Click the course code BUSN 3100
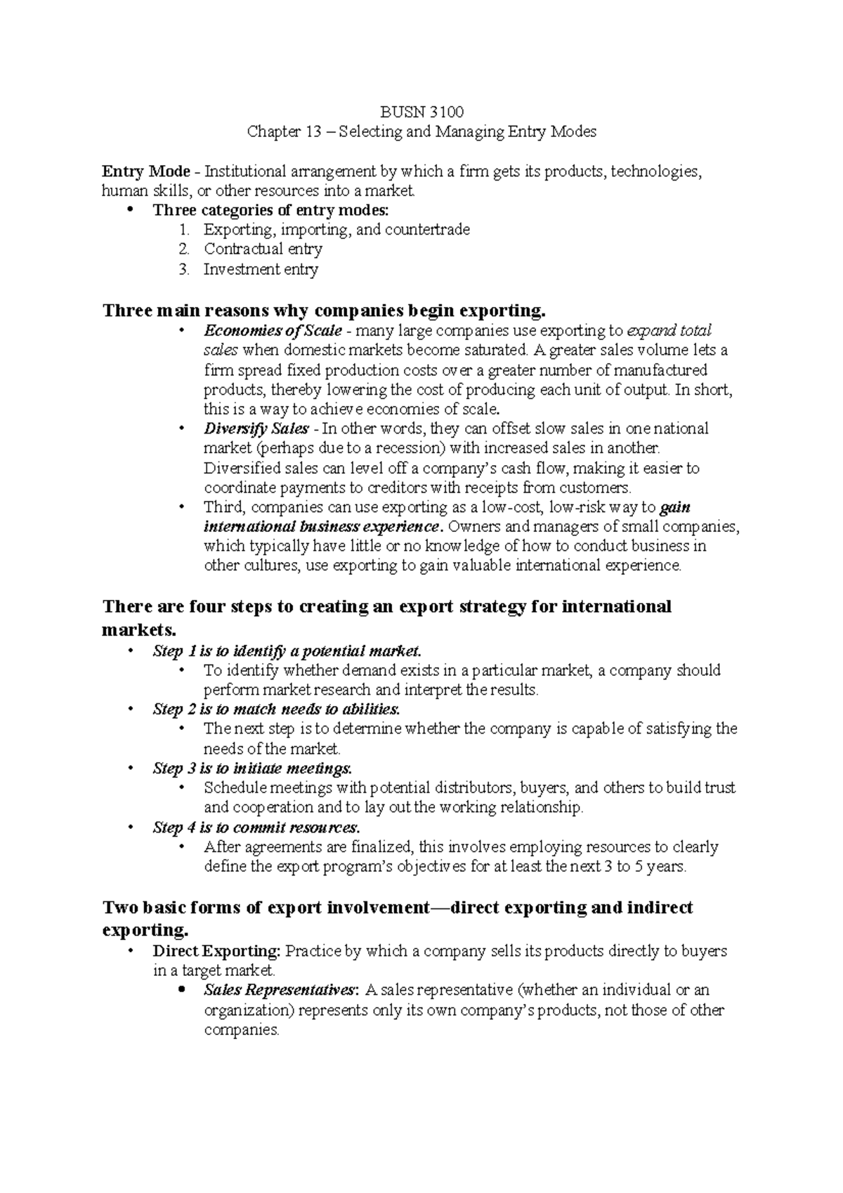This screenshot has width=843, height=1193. pos(421,112)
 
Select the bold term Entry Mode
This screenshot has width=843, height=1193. pos(146,171)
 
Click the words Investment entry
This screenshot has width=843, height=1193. pos(261,269)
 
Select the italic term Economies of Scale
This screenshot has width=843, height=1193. pos(273,330)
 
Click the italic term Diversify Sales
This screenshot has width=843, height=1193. pos(256,429)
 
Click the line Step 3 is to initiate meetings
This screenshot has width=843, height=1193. pos(252,768)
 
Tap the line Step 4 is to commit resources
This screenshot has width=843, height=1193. pos(256,827)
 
